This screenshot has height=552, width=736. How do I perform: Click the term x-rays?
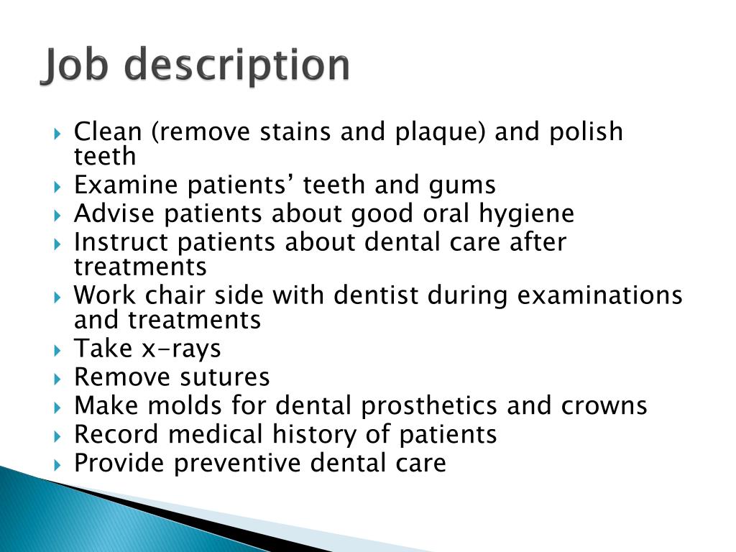coord(181,349)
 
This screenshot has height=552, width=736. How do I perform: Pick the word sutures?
coord(225,377)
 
